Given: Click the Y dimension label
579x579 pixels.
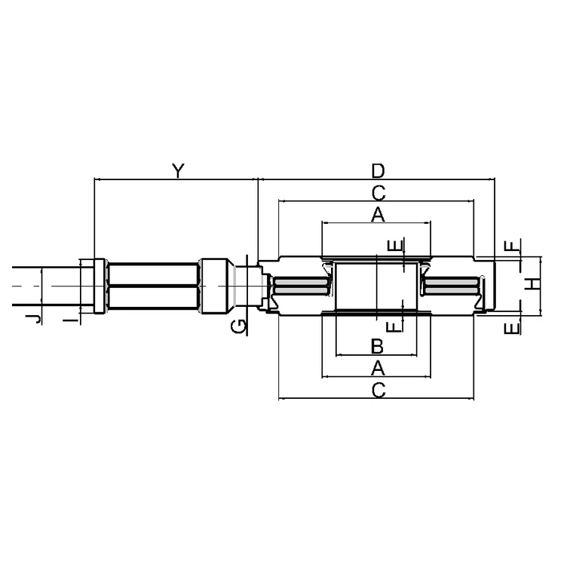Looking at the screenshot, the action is [178, 170].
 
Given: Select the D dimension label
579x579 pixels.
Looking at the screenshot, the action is [378, 171].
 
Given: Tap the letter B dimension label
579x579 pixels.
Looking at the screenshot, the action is [377, 346].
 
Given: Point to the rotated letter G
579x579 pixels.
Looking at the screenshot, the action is [238, 326].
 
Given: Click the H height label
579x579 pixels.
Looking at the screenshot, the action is [533, 284].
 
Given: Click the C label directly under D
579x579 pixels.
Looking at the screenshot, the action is [378, 193].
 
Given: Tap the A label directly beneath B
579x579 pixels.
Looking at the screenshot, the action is [378, 368].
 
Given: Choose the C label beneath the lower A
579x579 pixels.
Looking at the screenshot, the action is [378, 390].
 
